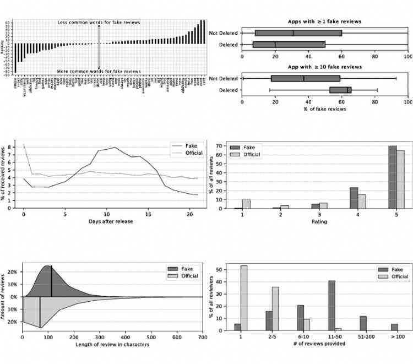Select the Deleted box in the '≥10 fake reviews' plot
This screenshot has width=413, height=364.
tap(340, 90)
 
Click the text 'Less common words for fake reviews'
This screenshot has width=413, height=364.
tap(99, 22)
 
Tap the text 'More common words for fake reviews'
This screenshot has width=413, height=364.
tap(99, 72)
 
